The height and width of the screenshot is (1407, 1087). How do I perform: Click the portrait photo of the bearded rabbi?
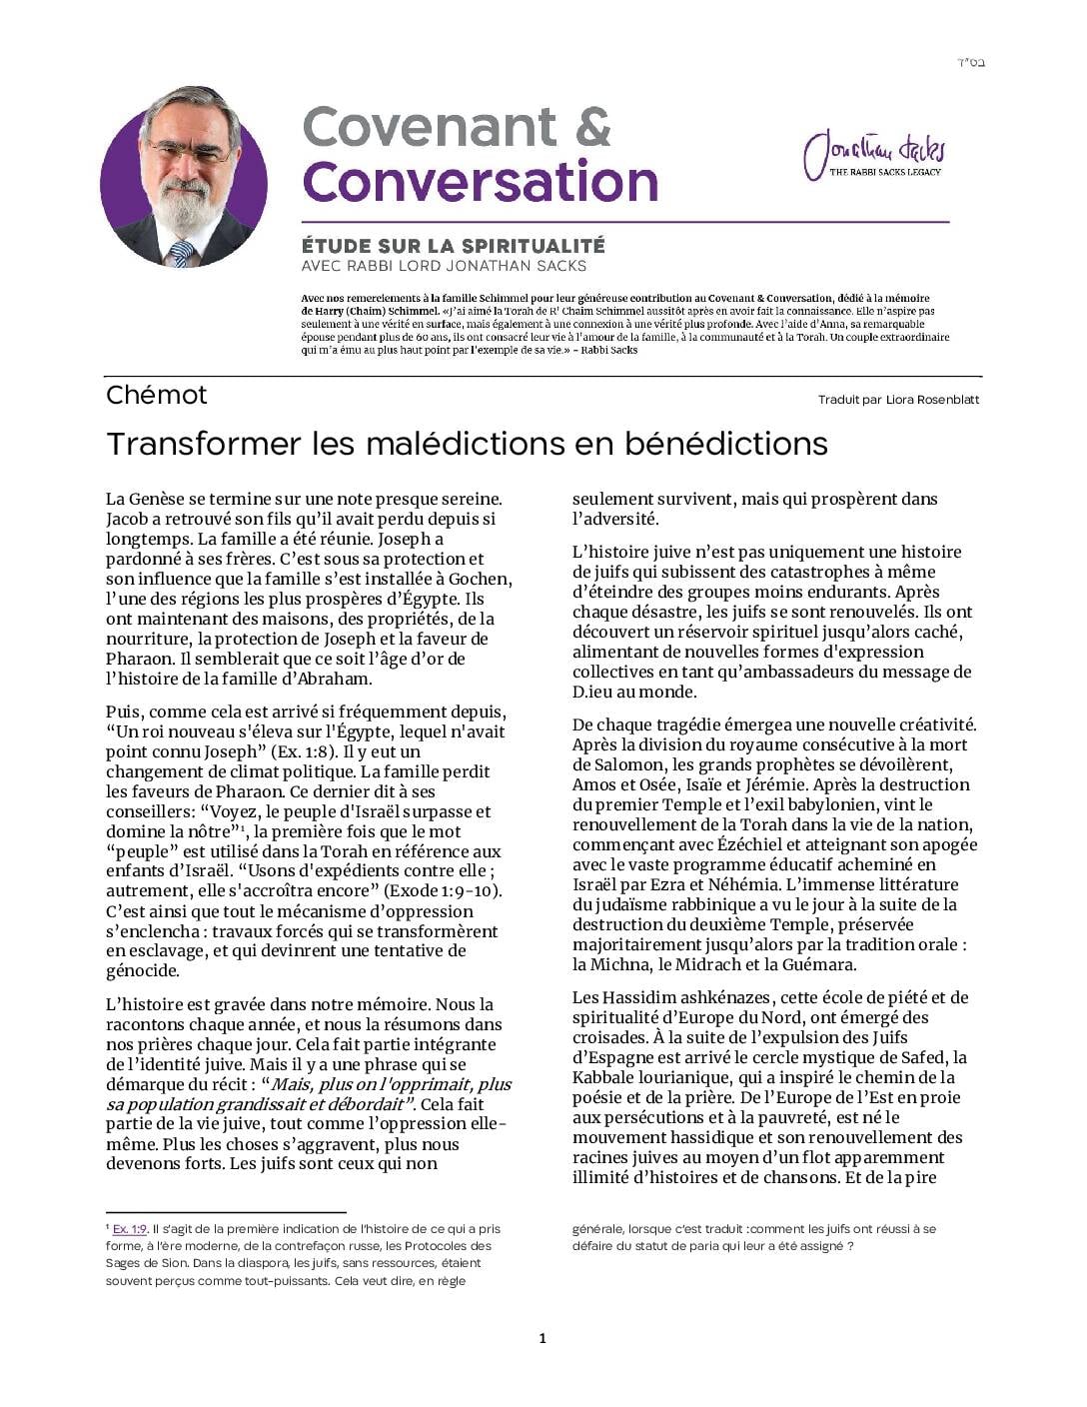(184, 176)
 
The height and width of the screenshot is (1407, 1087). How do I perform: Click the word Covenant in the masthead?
(429, 127)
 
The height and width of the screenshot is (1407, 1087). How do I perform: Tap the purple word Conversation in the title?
(480, 182)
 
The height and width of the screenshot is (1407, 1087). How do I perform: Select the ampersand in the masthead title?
(592, 127)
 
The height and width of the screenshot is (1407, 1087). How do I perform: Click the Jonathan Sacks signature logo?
(873, 155)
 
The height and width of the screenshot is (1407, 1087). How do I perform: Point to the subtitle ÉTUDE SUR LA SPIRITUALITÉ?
(453, 246)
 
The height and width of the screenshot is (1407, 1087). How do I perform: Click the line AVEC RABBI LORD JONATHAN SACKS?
(444, 266)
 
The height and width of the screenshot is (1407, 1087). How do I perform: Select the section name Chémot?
(156, 396)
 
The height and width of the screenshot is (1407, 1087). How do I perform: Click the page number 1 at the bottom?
(543, 1339)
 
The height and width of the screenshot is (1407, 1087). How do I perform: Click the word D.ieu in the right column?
(596, 692)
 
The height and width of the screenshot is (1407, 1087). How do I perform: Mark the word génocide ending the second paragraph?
(143, 971)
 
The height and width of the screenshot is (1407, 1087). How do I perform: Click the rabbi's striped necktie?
(181, 252)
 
